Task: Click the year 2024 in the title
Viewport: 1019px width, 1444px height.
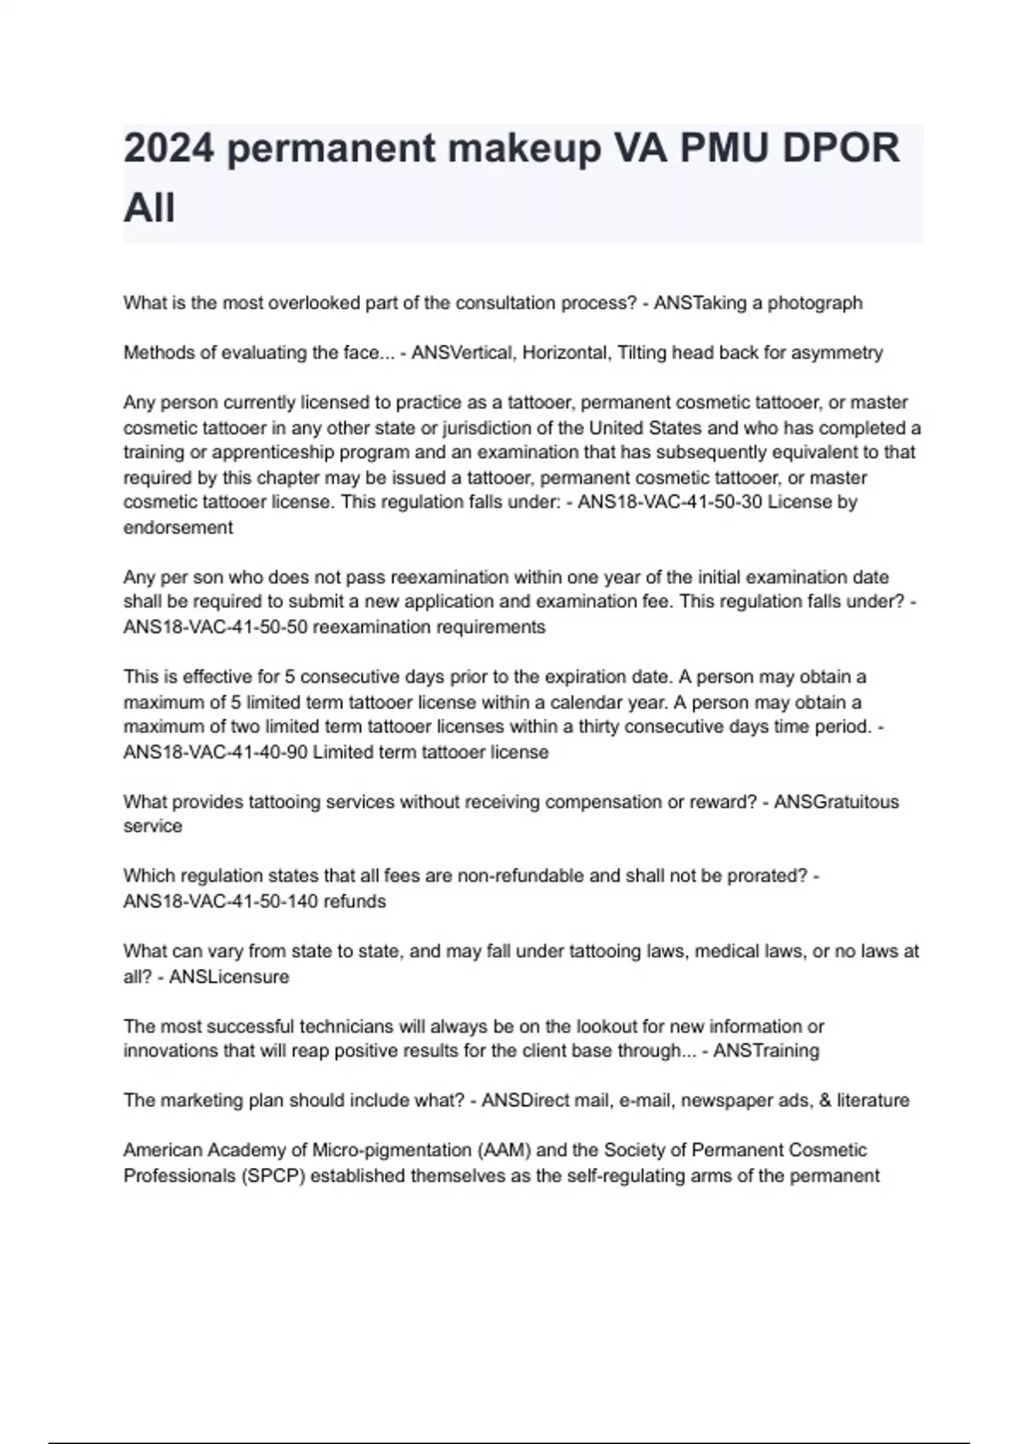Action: pyautogui.click(x=168, y=149)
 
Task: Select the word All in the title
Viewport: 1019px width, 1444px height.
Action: pyautogui.click(x=149, y=208)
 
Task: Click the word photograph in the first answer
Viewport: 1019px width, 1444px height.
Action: pyautogui.click(x=814, y=303)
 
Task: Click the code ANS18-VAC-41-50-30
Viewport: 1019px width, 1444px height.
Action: pyautogui.click(x=670, y=502)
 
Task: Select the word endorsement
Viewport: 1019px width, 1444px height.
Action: pyautogui.click(x=178, y=527)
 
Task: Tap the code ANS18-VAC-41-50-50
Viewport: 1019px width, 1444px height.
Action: pyautogui.click(x=216, y=628)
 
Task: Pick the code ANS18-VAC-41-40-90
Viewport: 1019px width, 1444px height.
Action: pyautogui.click(x=216, y=753)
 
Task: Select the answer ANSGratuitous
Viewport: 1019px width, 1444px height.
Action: pyautogui.click(x=836, y=802)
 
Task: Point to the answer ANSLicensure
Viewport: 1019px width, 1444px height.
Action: pyautogui.click(x=229, y=977)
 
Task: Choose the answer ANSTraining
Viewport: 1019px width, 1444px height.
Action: pyautogui.click(x=767, y=1051)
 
